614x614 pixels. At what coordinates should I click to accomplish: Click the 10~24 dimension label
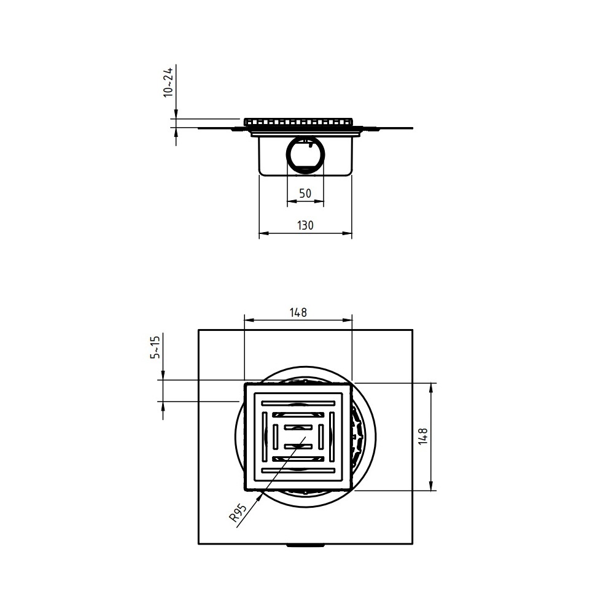pyautogui.click(x=168, y=82)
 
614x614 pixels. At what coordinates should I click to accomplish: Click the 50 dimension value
pyautogui.click(x=305, y=193)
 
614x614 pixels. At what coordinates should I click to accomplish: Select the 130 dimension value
pyautogui.click(x=305, y=225)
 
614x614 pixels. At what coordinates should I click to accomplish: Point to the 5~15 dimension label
pyautogui.click(x=155, y=347)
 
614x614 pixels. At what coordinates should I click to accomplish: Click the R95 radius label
pyautogui.click(x=238, y=513)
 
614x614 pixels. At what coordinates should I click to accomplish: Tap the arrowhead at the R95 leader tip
pyautogui.click(x=259, y=498)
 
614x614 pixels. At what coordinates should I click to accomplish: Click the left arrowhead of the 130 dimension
pyautogui.click(x=263, y=233)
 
